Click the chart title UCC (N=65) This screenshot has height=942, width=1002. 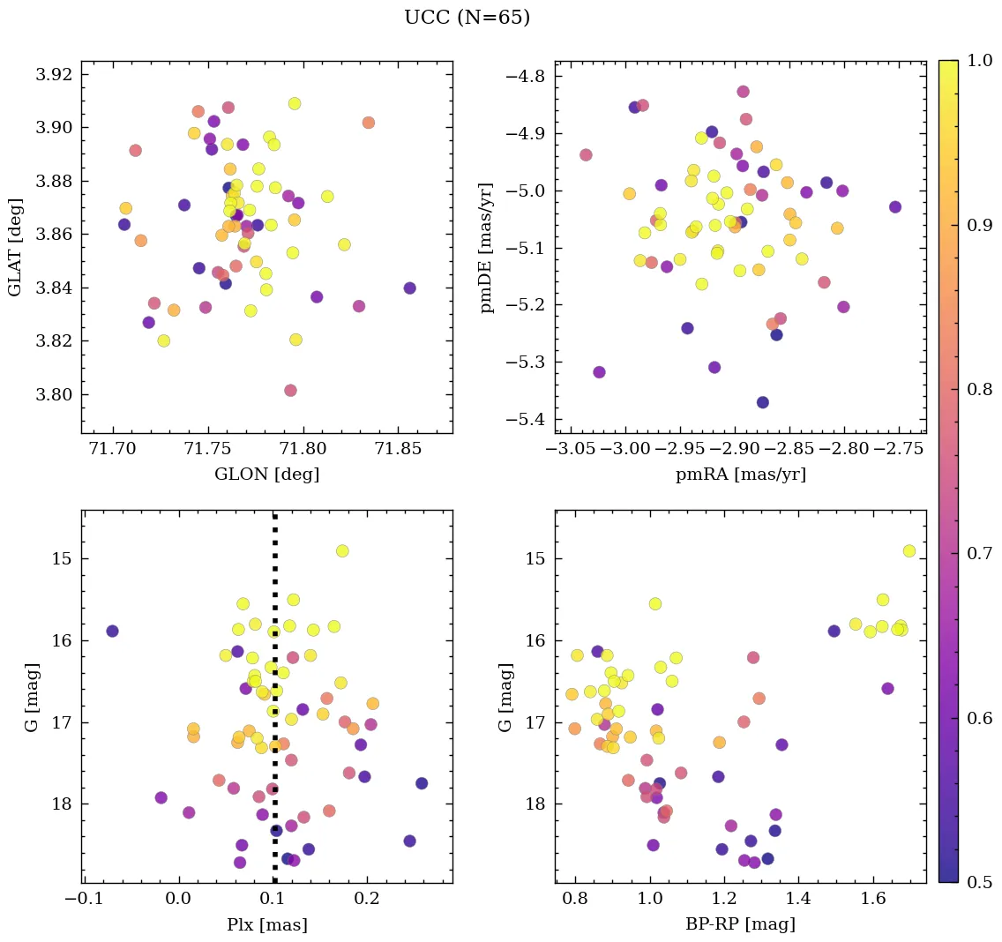pos(467,18)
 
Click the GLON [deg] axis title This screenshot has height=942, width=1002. pos(266,475)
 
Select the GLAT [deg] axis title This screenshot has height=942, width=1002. pos(15,246)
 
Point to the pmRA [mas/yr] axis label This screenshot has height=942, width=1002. pos(740,475)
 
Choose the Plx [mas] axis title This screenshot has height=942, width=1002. pos(266,924)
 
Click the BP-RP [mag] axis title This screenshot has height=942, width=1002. pos(740,924)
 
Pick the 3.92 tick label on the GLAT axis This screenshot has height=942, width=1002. pos(53,74)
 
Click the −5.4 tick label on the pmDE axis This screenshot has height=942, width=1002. pos(526,419)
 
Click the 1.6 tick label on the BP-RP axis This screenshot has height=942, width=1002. pos(873,900)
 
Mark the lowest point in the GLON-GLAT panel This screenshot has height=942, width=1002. pos(290,390)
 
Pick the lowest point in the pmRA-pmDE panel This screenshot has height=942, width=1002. pos(763,402)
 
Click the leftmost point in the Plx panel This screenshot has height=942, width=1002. pos(112,631)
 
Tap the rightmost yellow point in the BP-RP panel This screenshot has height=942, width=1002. pos(909,551)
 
